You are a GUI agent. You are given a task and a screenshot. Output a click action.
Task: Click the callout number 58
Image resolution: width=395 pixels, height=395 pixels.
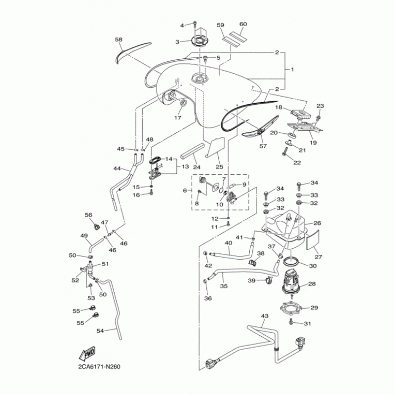tap(118, 39)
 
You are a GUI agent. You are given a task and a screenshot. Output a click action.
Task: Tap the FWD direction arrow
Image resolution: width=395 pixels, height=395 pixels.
tap(87, 354)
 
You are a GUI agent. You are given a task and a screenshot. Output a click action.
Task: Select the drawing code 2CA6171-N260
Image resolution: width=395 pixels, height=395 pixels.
tap(99, 367)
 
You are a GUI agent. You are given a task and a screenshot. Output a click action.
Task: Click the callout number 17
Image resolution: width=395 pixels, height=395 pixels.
tap(177, 118)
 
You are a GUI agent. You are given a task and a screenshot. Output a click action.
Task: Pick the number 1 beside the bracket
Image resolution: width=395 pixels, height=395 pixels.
tap(292, 70)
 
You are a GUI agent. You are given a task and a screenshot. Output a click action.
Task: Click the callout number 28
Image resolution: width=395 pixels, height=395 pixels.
tap(312, 283)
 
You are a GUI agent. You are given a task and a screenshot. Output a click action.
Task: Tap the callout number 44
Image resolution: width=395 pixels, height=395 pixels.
tap(117, 168)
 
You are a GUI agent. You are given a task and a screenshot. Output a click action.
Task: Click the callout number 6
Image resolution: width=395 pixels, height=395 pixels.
tap(185, 190)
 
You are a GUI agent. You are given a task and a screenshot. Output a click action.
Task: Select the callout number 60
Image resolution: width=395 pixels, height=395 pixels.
tap(243, 24)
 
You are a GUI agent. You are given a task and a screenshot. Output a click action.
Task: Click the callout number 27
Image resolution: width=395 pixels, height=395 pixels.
tap(317, 257)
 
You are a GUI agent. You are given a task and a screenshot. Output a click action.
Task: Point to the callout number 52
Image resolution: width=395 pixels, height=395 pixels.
tap(76, 280)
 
